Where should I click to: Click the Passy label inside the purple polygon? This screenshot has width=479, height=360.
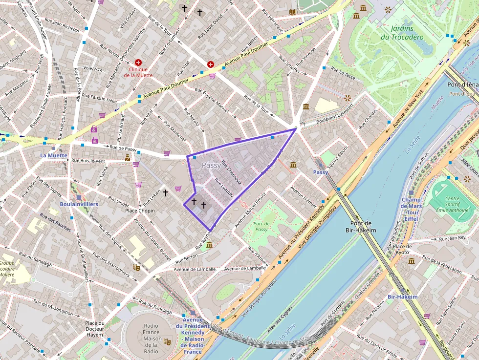click(211, 166)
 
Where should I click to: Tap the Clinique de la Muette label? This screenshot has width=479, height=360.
click(138, 72)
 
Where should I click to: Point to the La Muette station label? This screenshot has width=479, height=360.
click(54, 155)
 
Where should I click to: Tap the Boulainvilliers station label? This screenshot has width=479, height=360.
click(79, 204)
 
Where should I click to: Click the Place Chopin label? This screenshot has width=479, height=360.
click(140, 211)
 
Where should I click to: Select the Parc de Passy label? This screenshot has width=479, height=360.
click(261, 226)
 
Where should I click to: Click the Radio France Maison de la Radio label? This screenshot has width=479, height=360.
click(151, 339)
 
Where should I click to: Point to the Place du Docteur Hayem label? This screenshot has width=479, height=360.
click(95, 329)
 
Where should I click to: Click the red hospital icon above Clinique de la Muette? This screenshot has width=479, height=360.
click(138, 63)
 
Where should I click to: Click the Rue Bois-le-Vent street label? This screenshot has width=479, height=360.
click(88, 160)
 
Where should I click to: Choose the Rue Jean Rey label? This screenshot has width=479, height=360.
click(452, 238)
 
